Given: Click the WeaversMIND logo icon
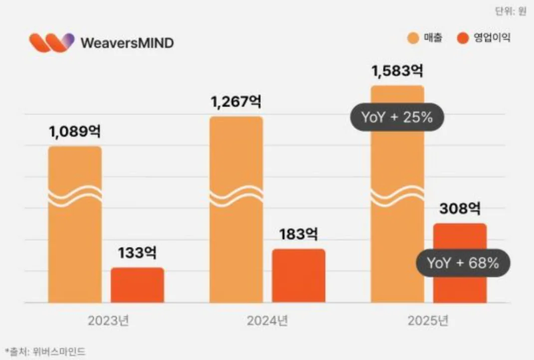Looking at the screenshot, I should pos(51,43).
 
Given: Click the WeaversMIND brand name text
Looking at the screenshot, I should pos(127,43).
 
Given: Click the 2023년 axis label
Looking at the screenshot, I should pos(108,321).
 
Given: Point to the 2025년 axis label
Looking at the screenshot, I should pos(428,321).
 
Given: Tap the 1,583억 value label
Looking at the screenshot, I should pos(397,70).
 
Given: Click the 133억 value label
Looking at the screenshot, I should pos(137,252).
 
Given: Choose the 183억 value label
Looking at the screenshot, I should pos(298,234).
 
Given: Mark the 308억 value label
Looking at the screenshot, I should pos(460,208).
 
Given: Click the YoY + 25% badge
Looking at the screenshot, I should pos(397,118).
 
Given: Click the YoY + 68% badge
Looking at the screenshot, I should pos(463,263).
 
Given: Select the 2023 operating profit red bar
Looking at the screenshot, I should pos(137,285).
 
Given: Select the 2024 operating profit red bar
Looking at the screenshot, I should pos(298,276).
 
